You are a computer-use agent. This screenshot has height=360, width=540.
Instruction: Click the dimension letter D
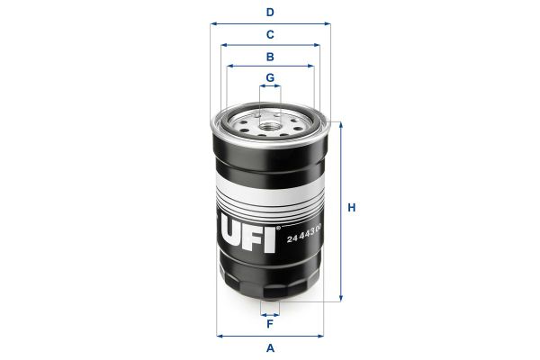coord(270,13)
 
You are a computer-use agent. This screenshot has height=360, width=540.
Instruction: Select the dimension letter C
coord(270,35)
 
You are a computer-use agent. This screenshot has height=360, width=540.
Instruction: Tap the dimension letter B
coord(270,56)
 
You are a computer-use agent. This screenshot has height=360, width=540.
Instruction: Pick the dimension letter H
coord(353,209)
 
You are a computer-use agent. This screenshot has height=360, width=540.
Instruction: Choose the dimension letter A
coord(270,347)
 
